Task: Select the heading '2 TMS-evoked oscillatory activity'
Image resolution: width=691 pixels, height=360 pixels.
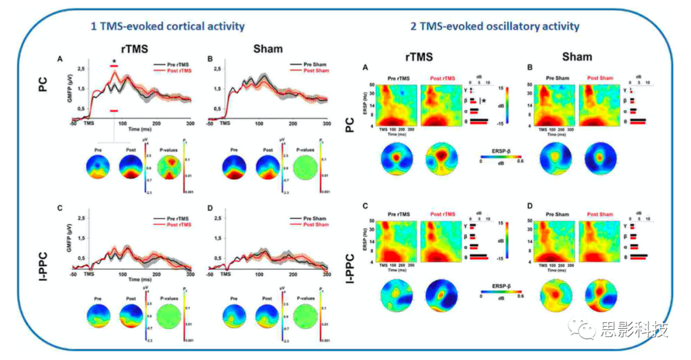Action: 495,26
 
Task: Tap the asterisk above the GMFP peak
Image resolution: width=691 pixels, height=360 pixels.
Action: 114,61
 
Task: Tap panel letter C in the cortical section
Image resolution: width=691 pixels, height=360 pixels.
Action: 60,208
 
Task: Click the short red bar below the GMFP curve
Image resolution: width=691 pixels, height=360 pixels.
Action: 114,111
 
